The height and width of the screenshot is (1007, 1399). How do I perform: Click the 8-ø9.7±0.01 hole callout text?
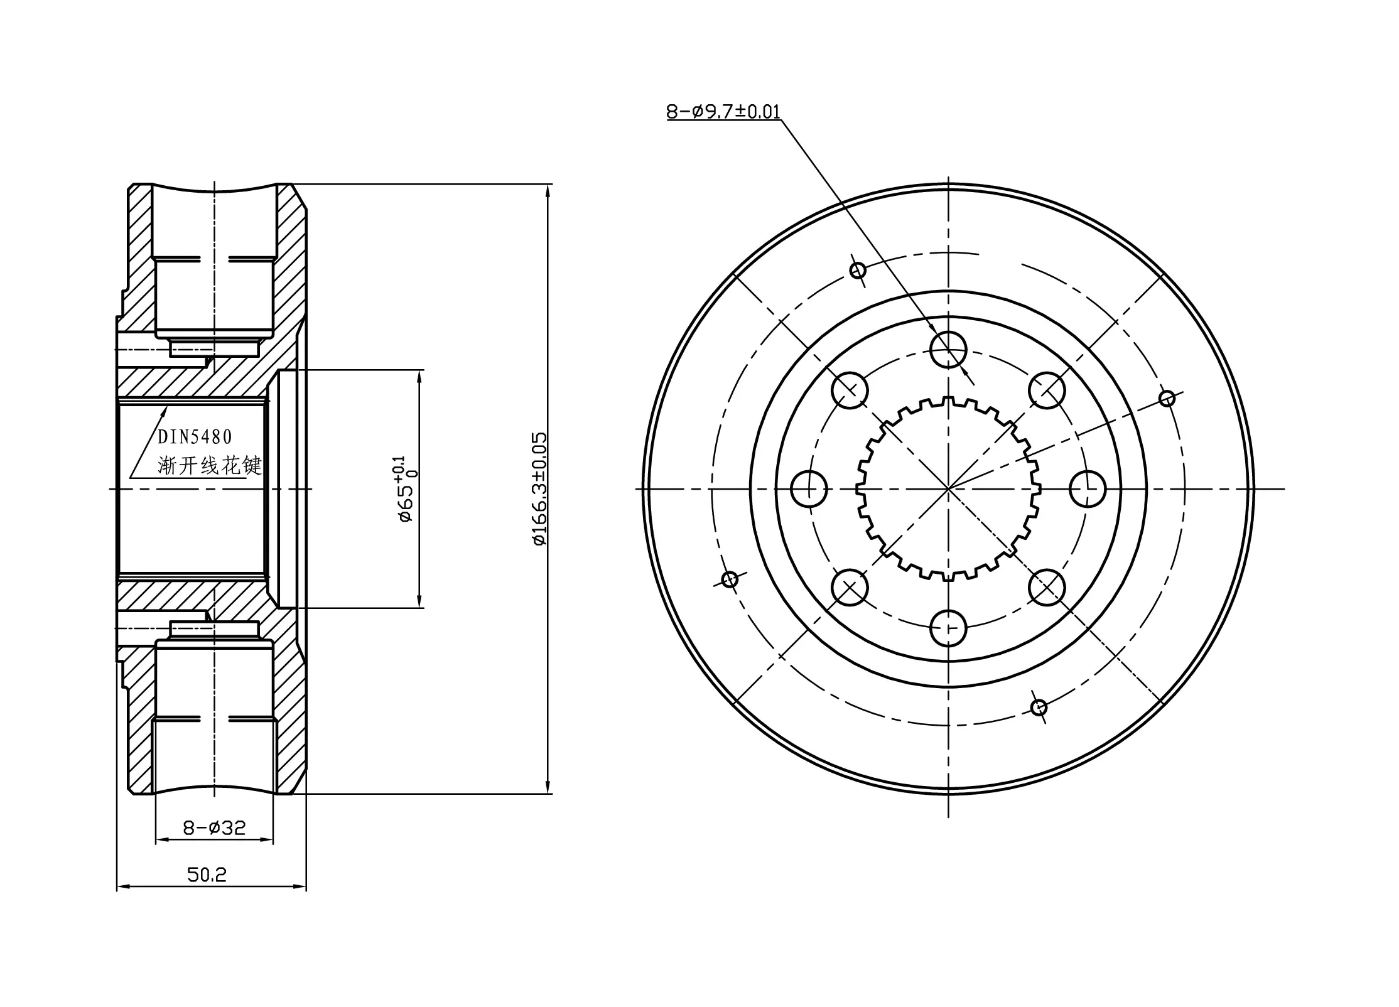tap(723, 112)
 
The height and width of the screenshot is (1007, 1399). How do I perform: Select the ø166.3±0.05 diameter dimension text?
tap(539, 488)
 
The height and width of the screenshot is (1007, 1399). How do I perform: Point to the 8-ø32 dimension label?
tap(214, 828)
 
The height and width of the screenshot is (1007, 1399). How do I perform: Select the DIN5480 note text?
tap(195, 437)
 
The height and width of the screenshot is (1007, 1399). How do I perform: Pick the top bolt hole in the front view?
tap(948, 350)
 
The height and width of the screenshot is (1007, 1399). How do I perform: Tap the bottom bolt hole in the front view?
tap(948, 628)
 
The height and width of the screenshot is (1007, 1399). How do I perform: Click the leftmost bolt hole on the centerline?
tap(809, 488)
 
